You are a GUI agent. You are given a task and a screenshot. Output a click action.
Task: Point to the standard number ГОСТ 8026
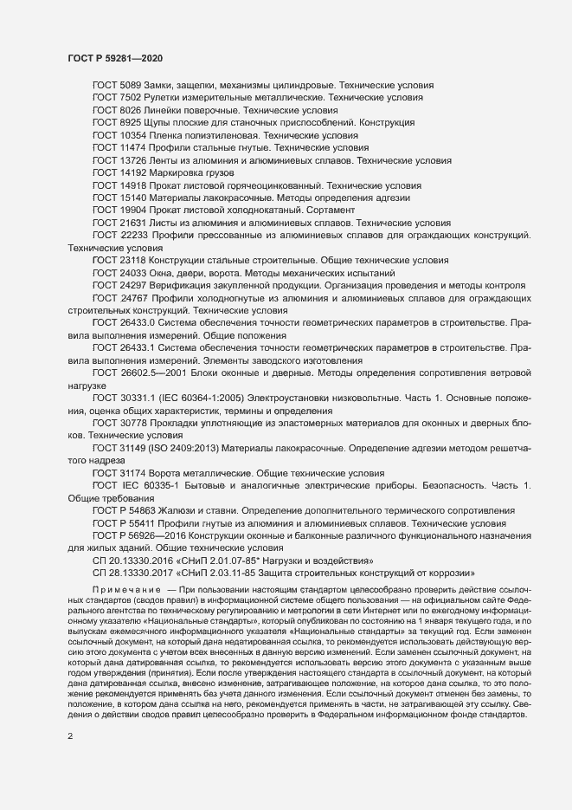pos(116,111)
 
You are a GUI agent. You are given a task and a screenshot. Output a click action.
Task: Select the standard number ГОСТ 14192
pos(119,174)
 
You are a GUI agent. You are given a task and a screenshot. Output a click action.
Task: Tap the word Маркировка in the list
pos(177,174)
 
